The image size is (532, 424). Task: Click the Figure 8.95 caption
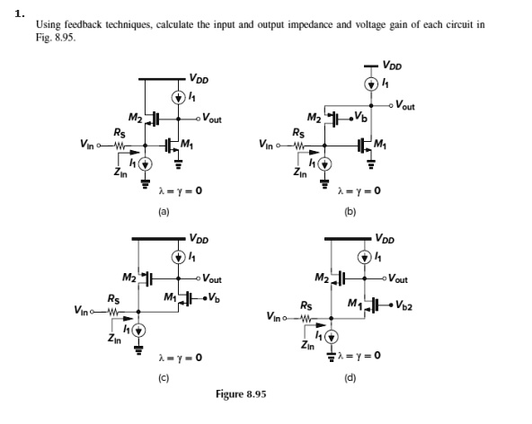[241, 394]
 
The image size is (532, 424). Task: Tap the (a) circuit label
[164, 212]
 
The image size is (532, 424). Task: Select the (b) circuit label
[350, 212]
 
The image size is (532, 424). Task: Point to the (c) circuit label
[164, 378]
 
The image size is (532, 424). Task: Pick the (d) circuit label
[350, 378]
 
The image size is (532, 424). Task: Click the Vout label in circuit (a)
[212, 119]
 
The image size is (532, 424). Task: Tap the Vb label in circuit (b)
[360, 117]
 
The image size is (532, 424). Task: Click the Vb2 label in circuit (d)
[403, 305]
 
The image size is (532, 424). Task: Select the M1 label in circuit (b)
[380, 144]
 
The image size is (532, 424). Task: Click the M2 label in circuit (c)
[129, 278]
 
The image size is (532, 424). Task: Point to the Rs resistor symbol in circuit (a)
[120, 146]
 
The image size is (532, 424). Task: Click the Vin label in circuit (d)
[274, 316]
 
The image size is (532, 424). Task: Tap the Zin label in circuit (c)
[114, 338]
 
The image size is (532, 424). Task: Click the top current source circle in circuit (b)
[371, 84]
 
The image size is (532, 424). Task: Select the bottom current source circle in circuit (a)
[146, 164]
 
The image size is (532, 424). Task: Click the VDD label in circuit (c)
[199, 238]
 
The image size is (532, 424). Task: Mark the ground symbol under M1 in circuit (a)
[178, 164]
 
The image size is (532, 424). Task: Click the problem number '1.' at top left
[20, 13]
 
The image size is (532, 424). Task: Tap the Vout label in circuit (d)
[398, 278]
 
